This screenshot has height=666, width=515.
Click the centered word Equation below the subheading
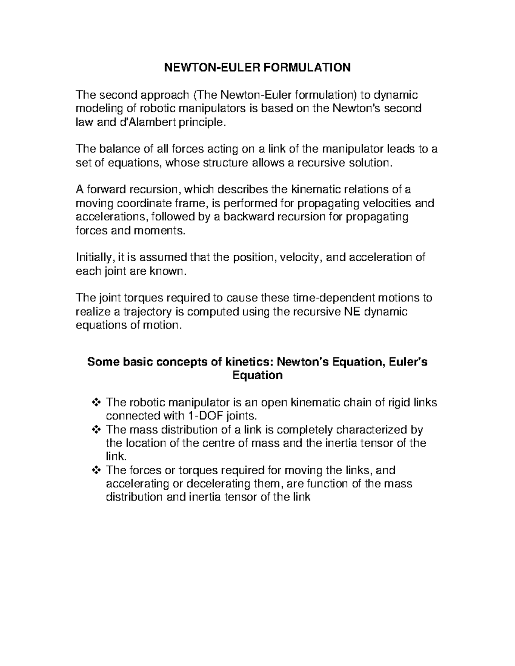point(257,376)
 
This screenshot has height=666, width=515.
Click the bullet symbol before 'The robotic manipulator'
point(96,403)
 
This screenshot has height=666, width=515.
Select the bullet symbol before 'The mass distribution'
point(96,429)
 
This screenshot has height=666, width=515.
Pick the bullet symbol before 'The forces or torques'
point(96,470)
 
